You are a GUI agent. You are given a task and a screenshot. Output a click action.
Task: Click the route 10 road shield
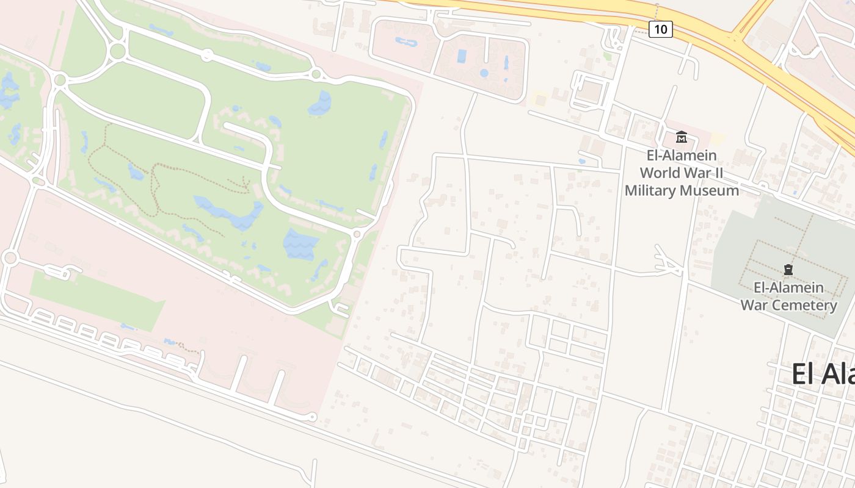[661, 29]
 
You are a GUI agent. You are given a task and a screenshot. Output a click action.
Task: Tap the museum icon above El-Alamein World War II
[682, 137]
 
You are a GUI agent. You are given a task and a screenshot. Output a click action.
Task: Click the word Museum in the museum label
[709, 191]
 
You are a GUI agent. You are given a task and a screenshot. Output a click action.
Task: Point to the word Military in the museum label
[650, 191]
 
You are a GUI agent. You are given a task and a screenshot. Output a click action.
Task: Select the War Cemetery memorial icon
[788, 269]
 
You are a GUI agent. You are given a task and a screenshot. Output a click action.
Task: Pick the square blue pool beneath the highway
[462, 56]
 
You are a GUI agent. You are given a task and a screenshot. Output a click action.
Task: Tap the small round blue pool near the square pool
[484, 73]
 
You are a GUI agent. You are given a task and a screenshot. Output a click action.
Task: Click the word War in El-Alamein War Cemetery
[752, 305]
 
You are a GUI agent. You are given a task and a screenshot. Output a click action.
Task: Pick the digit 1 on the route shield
[657, 29]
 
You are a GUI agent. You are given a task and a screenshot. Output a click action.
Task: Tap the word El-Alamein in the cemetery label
[788, 287]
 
